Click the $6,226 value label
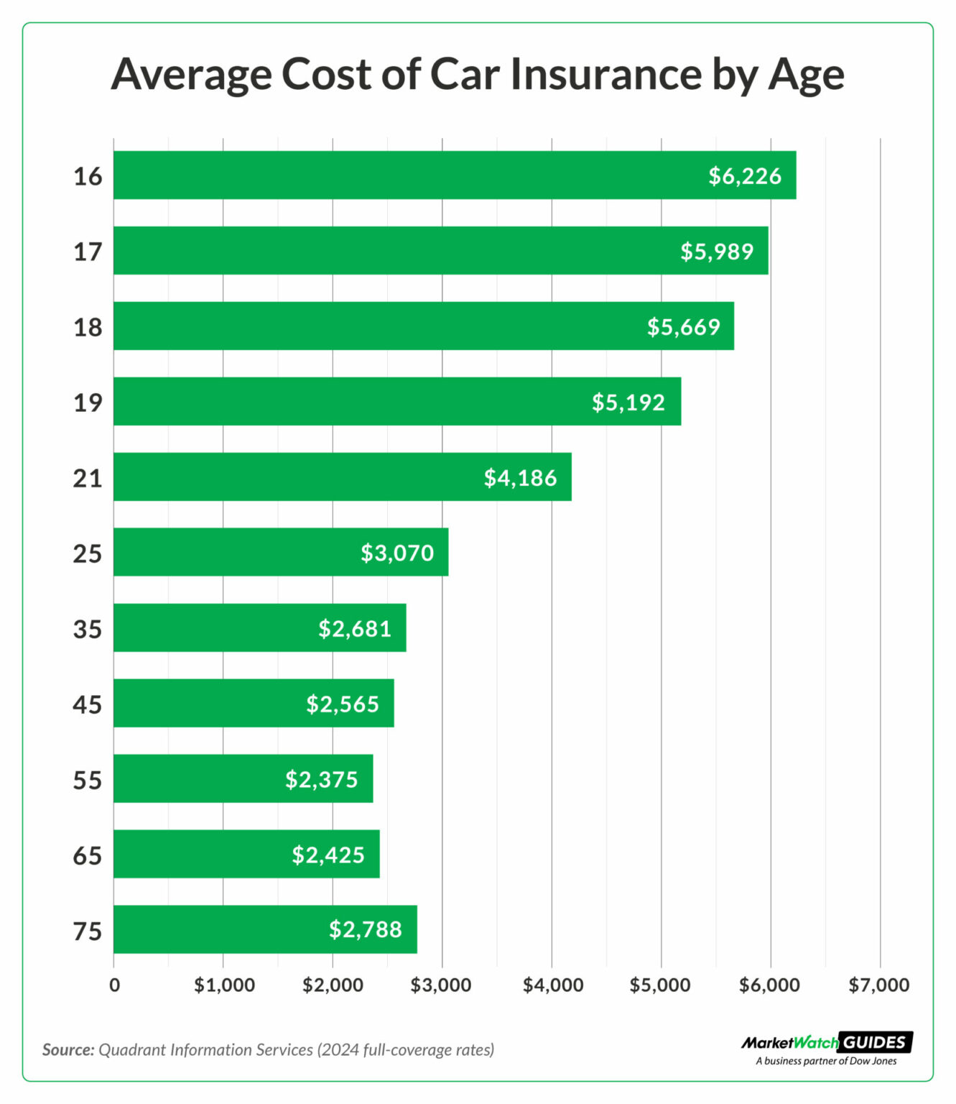tap(744, 176)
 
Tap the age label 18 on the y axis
tap(88, 327)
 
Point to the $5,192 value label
tap(628, 402)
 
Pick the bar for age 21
tap(342, 477)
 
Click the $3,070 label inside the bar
tap(396, 553)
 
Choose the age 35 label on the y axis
tap(88, 630)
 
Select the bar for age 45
tap(253, 704)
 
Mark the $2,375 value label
tap(321, 779)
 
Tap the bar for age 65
tap(246, 855)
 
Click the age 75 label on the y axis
tap(88, 931)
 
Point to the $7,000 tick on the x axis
tap(878, 985)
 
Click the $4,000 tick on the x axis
tap(552, 985)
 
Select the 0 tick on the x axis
tap(114, 985)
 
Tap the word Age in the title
tap(806, 75)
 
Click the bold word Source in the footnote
tap(68, 1049)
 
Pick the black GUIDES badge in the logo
tap(875, 1042)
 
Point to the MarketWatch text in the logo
tap(789, 1042)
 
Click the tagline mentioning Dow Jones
tap(826, 1061)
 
